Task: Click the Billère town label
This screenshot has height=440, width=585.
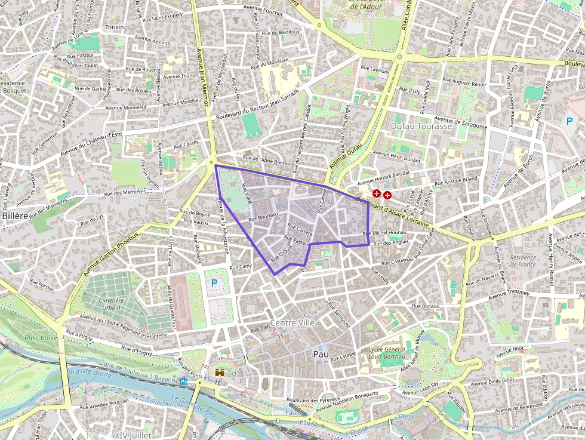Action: click(x=14, y=216)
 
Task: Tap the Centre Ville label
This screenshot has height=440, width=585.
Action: click(x=292, y=322)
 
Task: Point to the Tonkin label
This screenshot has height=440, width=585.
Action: click(x=114, y=27)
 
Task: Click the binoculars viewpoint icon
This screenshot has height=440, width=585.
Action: click(x=220, y=373)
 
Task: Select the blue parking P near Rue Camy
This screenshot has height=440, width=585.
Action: click(x=214, y=282)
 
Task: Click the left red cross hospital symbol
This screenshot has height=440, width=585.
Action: click(x=377, y=193)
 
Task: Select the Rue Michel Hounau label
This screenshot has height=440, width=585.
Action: click(x=389, y=232)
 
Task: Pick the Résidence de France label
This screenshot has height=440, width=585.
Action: click(x=523, y=261)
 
